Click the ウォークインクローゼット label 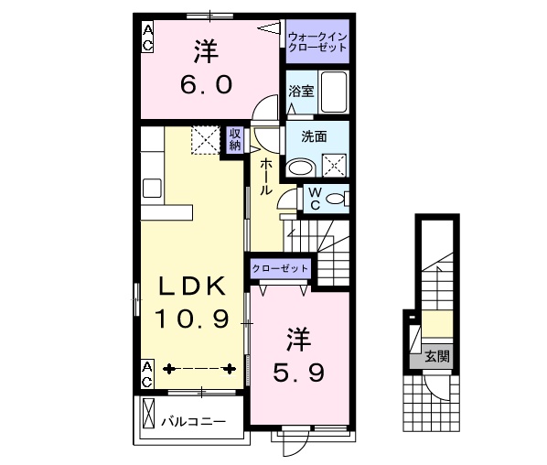tap(316, 40)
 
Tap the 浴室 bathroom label tap(301, 91)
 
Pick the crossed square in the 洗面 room tap(334, 166)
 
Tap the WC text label tap(313, 198)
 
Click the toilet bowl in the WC tap(337, 198)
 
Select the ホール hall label tap(264, 176)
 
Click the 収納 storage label tap(234, 140)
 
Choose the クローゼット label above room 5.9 tap(280, 269)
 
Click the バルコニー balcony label tap(195, 422)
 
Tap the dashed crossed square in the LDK tap(204, 140)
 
